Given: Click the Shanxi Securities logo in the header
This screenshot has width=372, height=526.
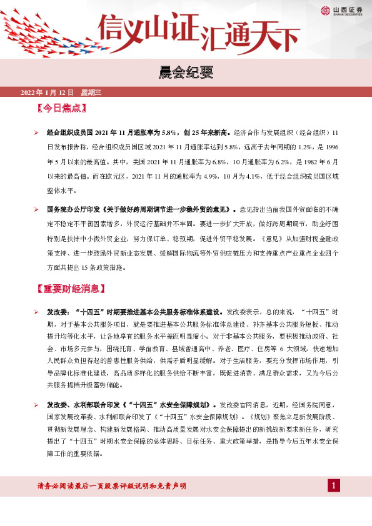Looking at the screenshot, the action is [343, 10].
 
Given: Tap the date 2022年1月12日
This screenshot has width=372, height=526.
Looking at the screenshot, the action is [48, 92].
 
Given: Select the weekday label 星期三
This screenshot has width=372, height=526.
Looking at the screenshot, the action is [91, 92].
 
